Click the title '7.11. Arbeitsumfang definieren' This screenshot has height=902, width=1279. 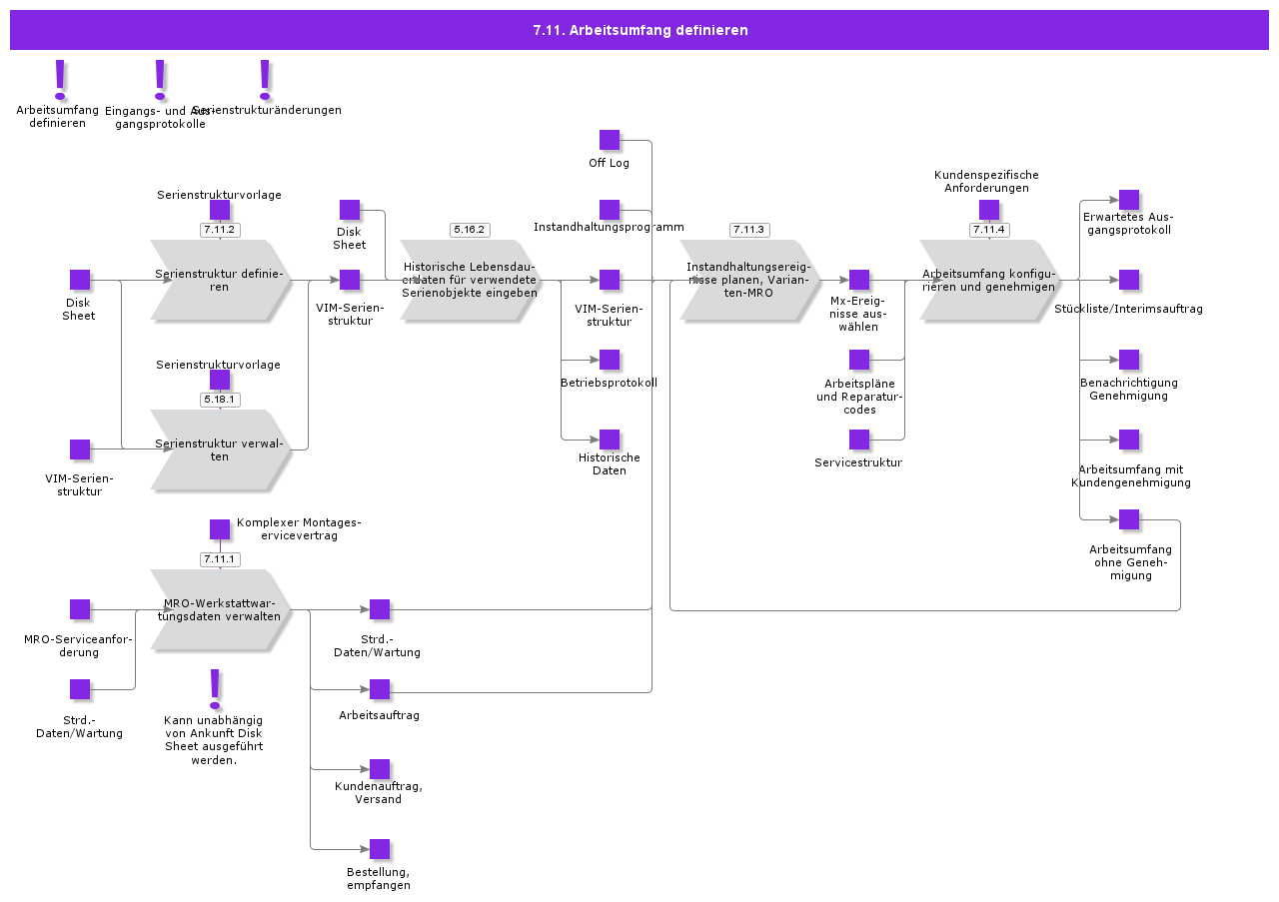point(639,30)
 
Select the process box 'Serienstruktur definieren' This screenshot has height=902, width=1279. point(220,280)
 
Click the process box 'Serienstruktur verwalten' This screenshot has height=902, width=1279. point(220,450)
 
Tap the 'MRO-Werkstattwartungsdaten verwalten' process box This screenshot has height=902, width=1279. point(220,609)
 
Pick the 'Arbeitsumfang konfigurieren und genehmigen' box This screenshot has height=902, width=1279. point(989,280)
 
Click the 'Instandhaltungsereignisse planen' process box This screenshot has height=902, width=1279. point(748,280)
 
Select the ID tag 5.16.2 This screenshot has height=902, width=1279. point(469,230)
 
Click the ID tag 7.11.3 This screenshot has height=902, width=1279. point(748,230)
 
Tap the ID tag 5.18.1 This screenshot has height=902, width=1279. point(219,400)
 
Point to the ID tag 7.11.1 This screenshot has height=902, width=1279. point(219,559)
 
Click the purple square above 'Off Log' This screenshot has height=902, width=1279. point(610,140)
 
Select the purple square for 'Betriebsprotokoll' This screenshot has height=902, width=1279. point(610,360)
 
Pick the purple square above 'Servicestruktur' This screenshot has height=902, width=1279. point(859,440)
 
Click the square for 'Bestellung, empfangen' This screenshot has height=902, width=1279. point(380,849)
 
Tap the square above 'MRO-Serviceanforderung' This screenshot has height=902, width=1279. point(80,609)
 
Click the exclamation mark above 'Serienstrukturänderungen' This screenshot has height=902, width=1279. point(265,79)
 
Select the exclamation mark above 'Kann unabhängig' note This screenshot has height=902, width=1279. point(214,688)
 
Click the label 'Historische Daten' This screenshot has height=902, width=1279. point(610,464)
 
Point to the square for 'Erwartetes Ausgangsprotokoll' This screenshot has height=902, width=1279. point(1129,200)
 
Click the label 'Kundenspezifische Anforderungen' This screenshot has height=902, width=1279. point(986,181)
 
